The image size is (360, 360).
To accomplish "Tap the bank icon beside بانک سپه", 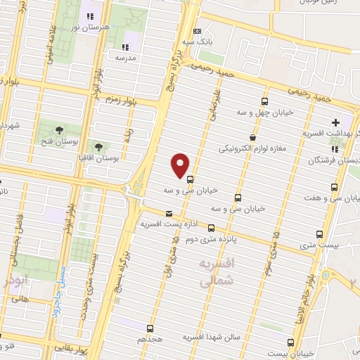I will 197,31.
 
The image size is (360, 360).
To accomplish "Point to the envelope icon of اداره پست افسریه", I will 168,213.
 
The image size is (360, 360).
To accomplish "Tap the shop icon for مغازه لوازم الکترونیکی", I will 252,137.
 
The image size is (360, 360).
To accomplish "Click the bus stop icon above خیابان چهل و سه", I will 265,101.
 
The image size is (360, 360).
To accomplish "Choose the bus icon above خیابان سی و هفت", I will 334,187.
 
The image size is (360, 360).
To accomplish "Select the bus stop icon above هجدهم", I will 150,328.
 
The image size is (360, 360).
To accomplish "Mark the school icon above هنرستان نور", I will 89,16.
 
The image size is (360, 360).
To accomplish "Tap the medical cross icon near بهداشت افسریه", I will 337,123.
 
